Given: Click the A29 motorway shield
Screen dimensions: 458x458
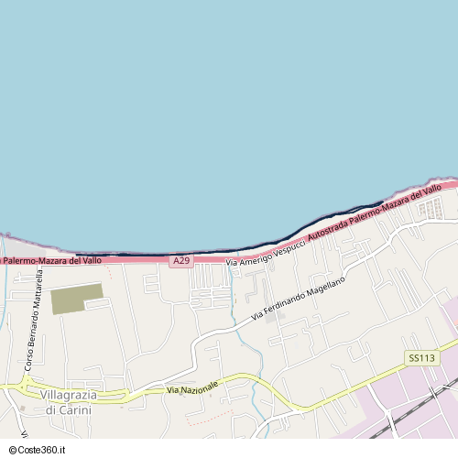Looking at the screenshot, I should coord(180,261).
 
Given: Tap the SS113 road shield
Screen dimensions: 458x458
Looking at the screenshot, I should coord(420,358).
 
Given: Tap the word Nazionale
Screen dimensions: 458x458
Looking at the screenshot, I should coord(201,387).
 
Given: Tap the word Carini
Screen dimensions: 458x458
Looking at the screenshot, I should coord(76,409).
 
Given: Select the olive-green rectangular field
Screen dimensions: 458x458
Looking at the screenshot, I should coord(76,298).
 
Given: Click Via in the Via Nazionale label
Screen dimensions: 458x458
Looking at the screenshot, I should coord(174,391).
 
